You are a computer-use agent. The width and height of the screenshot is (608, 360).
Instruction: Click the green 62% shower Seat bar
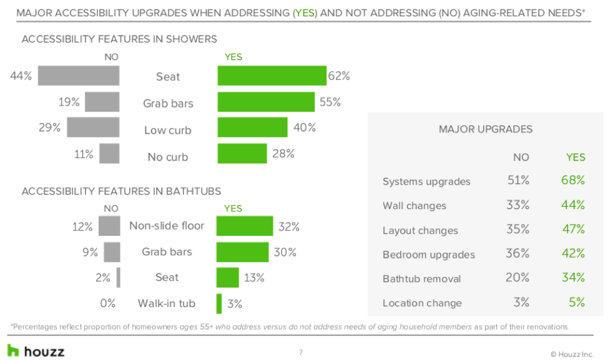272,75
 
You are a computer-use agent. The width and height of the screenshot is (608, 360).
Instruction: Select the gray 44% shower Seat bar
79,75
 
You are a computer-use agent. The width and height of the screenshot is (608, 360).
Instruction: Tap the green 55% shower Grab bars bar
266,102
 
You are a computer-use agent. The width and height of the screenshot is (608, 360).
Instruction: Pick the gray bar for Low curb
93,127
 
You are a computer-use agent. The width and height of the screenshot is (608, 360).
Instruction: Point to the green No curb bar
242,153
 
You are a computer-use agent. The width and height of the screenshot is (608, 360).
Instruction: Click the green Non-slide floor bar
245,226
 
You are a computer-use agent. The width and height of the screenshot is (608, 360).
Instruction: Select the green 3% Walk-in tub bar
219,303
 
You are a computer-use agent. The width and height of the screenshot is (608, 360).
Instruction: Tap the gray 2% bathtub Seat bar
118,277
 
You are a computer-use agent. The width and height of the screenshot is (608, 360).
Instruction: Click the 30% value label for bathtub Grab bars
285,252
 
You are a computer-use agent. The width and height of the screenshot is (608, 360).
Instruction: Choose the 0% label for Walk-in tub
107,303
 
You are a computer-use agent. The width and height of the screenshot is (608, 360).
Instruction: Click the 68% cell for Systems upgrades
572,180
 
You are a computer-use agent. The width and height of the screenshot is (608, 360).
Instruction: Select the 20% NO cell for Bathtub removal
517,278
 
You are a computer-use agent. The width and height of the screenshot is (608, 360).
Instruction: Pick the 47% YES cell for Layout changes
572,229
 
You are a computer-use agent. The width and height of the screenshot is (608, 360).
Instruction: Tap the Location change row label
422,303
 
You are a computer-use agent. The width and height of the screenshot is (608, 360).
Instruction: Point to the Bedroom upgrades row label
428,255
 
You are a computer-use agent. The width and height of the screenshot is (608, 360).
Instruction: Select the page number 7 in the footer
300,353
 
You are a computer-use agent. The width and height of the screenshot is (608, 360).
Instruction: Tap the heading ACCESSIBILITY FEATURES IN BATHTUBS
121,192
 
